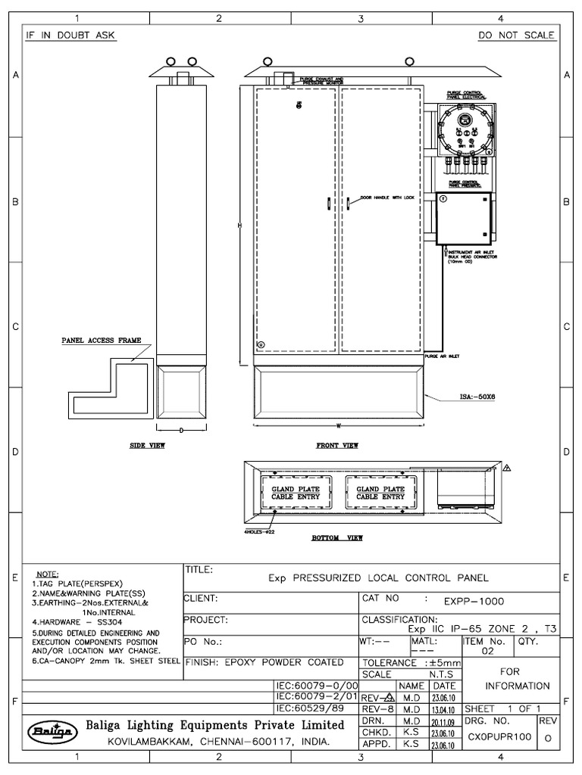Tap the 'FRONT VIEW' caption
point(337,446)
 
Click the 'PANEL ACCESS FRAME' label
point(101,341)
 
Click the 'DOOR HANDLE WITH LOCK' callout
point(388,197)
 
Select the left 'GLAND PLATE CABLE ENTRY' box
point(296,493)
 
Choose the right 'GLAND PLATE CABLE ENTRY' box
point(380,493)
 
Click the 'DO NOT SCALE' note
point(517,36)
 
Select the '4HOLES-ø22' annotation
point(261,532)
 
